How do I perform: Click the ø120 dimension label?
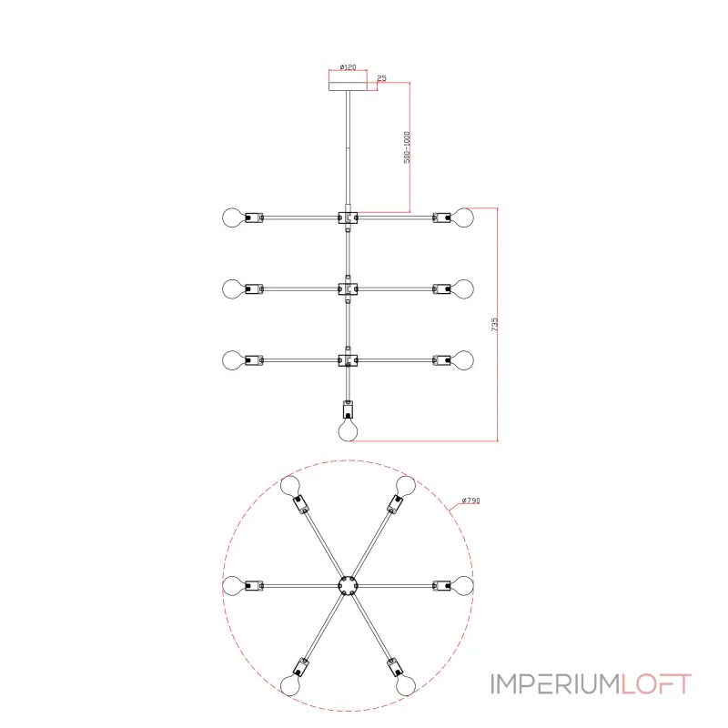tap(348, 67)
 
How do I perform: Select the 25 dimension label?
tap(381, 78)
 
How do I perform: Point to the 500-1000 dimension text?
tap(407, 147)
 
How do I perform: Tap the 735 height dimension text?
tap(494, 324)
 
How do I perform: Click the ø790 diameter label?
tap(470, 500)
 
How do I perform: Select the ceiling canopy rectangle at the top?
tap(348, 86)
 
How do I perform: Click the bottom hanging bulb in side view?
tap(348, 430)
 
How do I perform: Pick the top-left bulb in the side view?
tap(233, 217)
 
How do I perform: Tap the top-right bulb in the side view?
tap(463, 217)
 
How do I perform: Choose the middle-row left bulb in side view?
tap(233, 288)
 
